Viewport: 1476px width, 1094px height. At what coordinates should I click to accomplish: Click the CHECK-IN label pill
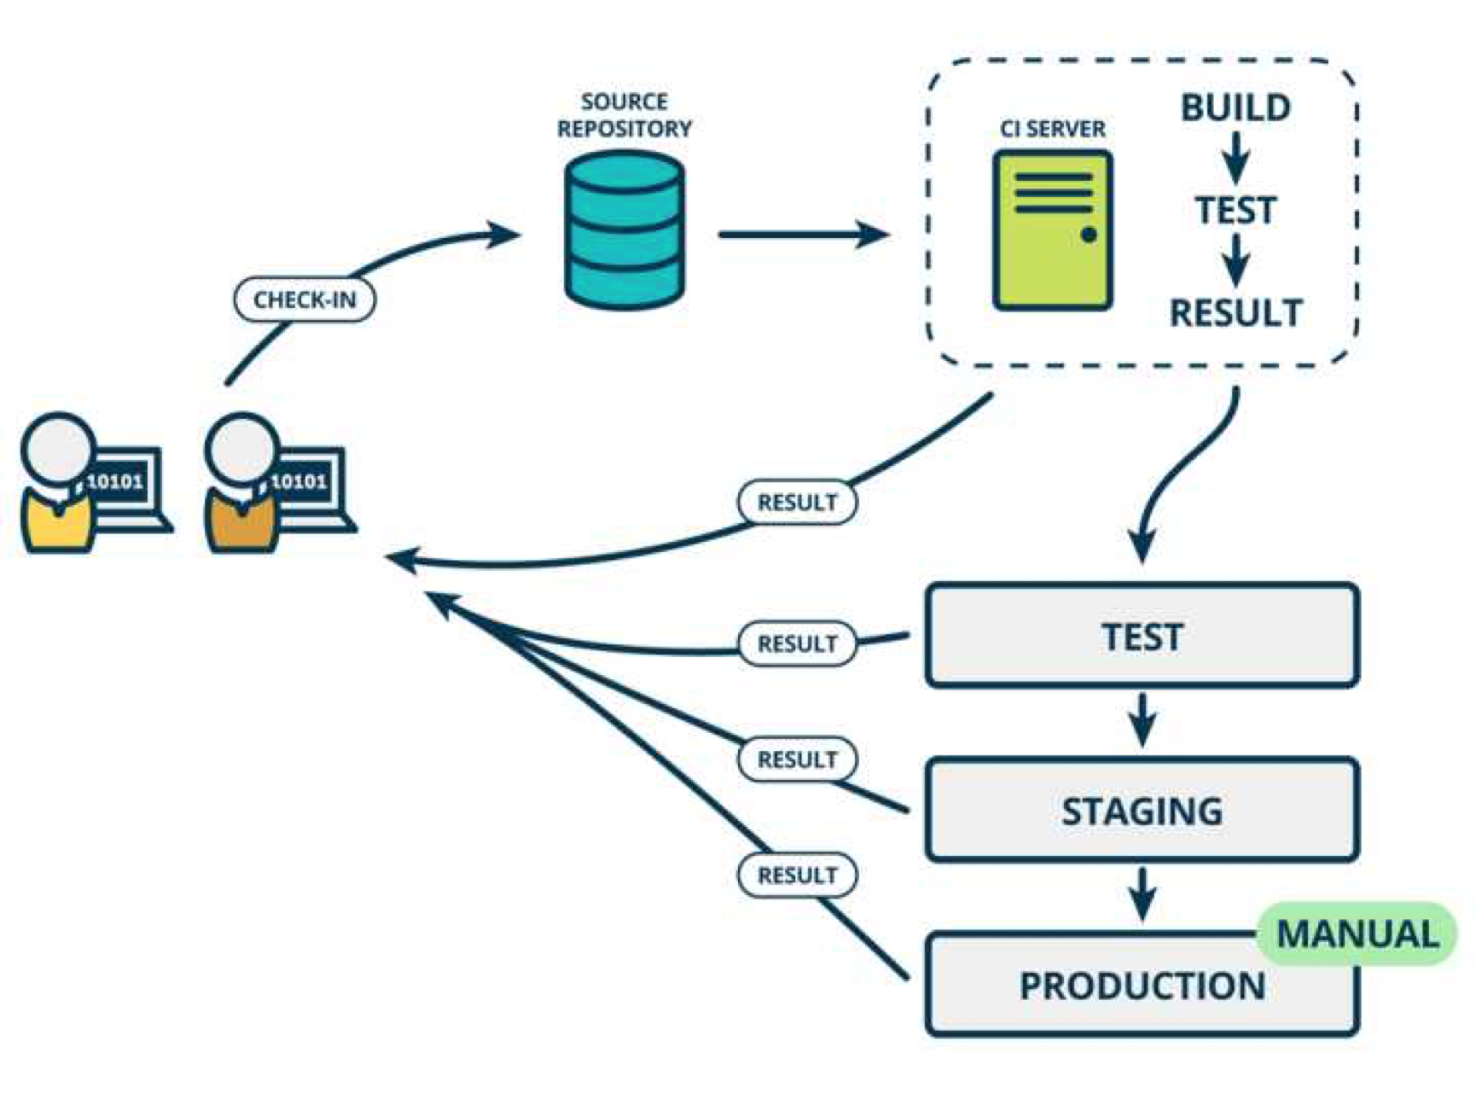tap(305, 300)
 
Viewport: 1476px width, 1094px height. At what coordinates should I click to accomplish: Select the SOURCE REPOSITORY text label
tap(625, 115)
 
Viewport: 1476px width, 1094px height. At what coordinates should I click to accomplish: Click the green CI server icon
tap(1053, 230)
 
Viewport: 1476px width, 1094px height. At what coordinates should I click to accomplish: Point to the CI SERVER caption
tap(1053, 129)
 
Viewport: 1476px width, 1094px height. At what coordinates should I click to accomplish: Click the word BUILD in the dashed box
tap(1235, 108)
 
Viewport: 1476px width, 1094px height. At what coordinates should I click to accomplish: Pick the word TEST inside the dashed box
tap(1235, 210)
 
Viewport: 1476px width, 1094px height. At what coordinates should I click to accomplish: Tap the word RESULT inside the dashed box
tap(1235, 313)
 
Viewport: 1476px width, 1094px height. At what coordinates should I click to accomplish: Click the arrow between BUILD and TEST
tap(1235, 158)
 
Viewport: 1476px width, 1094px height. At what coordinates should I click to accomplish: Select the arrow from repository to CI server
tap(802, 234)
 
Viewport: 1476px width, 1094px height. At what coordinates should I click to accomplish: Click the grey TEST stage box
tap(1142, 636)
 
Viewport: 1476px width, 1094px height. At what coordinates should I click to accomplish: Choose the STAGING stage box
tap(1142, 810)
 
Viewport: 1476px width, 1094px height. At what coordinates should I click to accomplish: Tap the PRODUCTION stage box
tap(1142, 986)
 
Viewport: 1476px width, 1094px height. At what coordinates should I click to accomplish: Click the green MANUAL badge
tap(1357, 934)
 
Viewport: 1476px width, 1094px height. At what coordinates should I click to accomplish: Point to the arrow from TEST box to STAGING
tap(1142, 721)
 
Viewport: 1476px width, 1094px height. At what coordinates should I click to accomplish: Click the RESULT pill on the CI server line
tap(797, 502)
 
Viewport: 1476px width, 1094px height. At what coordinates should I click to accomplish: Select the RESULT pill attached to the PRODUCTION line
tap(797, 875)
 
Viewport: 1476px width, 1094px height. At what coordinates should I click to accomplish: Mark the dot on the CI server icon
tap(1089, 235)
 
